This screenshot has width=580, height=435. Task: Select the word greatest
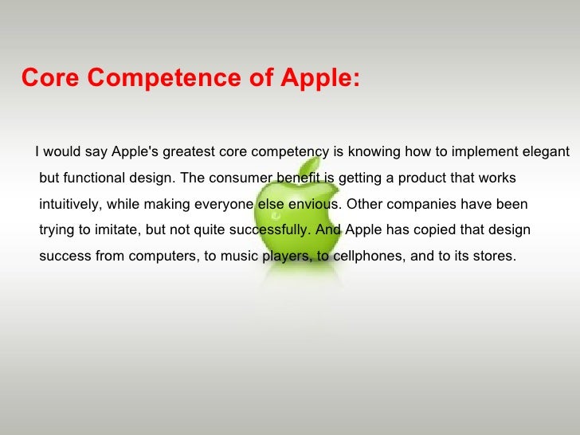(x=189, y=151)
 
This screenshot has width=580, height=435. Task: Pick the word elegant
(x=544, y=151)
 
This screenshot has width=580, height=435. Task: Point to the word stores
(x=494, y=257)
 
